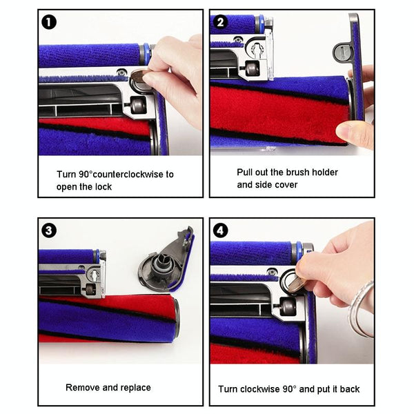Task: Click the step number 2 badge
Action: click(x=221, y=22)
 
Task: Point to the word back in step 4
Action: click(x=348, y=389)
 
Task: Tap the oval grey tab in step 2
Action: click(x=342, y=50)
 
